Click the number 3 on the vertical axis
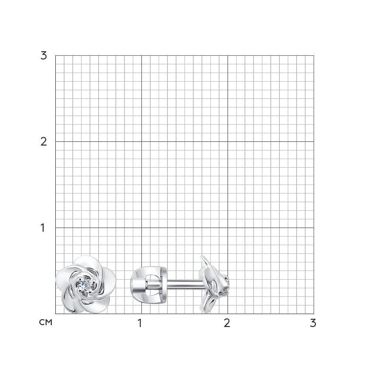(x=44, y=56)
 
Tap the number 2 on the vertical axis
(x=44, y=142)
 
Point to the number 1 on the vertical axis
(x=42, y=228)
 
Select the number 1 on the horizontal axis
(x=140, y=323)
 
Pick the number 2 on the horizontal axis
(x=227, y=323)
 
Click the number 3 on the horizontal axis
(x=313, y=323)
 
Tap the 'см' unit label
(x=46, y=323)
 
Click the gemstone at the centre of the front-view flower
(x=86, y=285)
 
